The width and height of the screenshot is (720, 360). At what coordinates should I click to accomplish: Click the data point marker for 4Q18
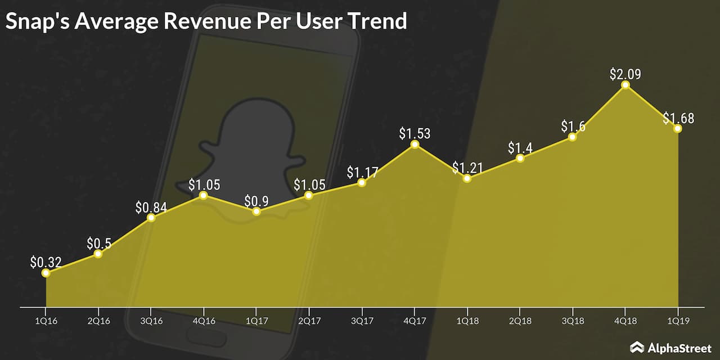[625, 85]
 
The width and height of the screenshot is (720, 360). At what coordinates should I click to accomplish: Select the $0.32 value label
[46, 262]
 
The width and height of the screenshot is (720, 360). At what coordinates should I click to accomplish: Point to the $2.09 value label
[625, 74]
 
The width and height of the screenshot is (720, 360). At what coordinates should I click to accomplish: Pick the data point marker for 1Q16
[46, 273]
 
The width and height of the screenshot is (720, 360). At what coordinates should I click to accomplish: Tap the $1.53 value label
[415, 133]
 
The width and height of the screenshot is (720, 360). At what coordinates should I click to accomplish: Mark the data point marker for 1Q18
[467, 178]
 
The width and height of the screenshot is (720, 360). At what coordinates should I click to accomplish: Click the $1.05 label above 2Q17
[309, 184]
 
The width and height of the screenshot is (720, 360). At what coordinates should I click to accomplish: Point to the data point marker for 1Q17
[256, 211]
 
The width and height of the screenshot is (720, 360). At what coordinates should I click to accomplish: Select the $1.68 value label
[678, 118]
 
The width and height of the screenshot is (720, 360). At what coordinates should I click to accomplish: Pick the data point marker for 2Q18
[520, 158]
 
